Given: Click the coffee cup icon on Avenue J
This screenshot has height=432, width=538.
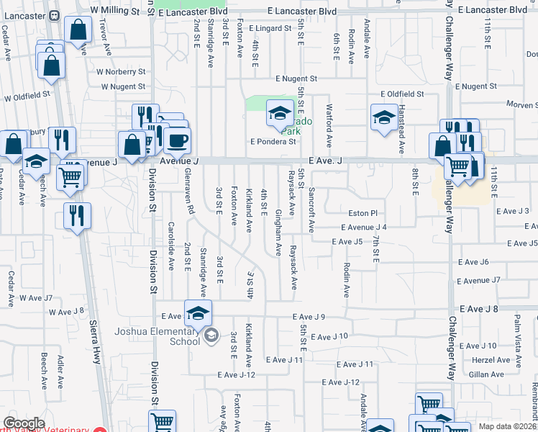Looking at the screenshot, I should coord(177,140).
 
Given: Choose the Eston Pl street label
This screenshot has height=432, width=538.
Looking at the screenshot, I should coord(363,213).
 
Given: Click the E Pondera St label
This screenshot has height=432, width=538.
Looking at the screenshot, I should coord(273,142).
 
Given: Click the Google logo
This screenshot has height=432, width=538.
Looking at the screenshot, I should coord(24,423).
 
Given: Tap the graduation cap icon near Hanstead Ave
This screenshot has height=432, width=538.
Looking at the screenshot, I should coord(383,117).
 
